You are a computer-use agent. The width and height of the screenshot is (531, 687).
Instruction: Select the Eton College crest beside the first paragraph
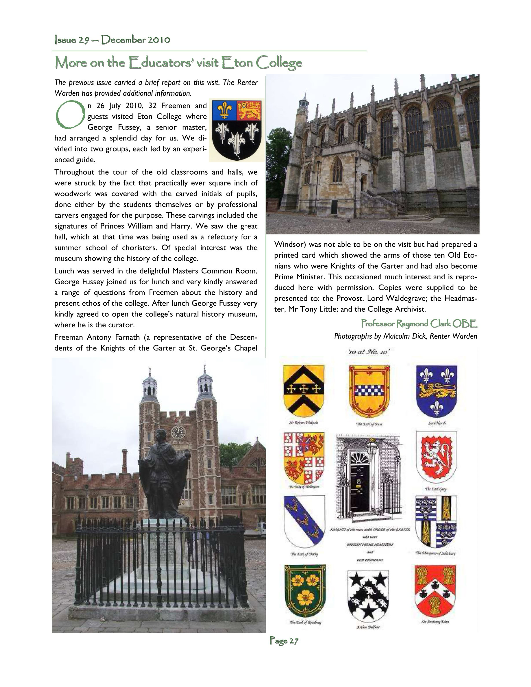237,130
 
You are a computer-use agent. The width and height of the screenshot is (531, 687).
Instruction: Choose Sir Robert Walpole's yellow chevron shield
304,390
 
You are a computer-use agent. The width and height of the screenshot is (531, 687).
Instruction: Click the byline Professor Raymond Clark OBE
419,323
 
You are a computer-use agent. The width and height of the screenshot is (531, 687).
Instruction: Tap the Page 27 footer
284,641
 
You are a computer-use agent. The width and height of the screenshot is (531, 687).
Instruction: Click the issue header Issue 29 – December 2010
113,40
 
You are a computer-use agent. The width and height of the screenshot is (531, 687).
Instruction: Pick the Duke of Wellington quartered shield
304,458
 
